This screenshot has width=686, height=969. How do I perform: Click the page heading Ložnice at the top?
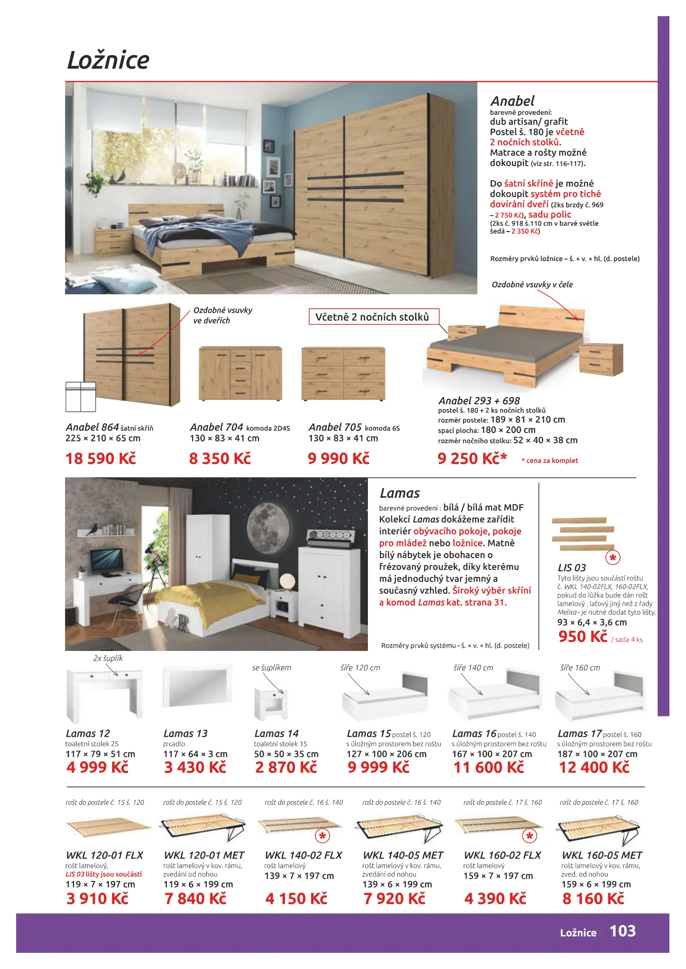108,60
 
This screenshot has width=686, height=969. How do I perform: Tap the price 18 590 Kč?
100,458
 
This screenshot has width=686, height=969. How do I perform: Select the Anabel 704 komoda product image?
240,373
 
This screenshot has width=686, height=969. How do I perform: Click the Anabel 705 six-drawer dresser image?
343,373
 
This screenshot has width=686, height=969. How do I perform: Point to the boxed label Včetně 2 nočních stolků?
372,317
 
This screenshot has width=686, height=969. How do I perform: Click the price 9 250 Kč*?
472,458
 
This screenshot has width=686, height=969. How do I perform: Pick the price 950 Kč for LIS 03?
582,637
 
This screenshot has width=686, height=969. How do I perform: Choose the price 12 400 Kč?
594,768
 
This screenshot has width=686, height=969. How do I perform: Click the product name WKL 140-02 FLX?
303,856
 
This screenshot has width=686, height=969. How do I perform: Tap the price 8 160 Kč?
593,899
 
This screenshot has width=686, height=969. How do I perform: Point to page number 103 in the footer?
622,931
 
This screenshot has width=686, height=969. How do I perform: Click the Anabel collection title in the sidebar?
512,101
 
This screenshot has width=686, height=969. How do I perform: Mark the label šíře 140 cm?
473,668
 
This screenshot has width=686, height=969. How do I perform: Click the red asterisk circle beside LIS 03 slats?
612,558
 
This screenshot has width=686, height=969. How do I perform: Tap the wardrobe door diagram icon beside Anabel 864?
81,397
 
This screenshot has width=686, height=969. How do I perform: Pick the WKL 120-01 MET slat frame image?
203,829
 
